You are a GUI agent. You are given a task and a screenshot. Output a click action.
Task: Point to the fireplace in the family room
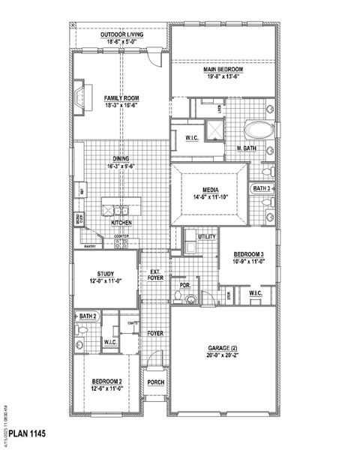coord(81,97)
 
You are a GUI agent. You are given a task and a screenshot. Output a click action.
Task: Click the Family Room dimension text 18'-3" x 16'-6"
coord(121,105)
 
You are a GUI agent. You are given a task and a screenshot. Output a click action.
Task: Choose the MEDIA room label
coord(209,190)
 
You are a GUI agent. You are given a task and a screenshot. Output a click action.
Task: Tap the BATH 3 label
coord(262,187)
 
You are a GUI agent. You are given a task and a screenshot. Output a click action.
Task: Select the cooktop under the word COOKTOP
coord(122,242)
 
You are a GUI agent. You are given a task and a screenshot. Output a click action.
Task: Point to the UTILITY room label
coord(207,237)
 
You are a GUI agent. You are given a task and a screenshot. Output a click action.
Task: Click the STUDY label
coord(105,274)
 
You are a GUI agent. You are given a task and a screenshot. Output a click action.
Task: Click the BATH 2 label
coord(84,316)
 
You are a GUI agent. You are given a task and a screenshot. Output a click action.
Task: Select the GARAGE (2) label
coord(222,349)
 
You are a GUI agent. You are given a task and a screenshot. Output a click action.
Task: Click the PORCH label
coord(155,382)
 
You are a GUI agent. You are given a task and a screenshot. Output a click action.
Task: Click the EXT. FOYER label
coord(155,274)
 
